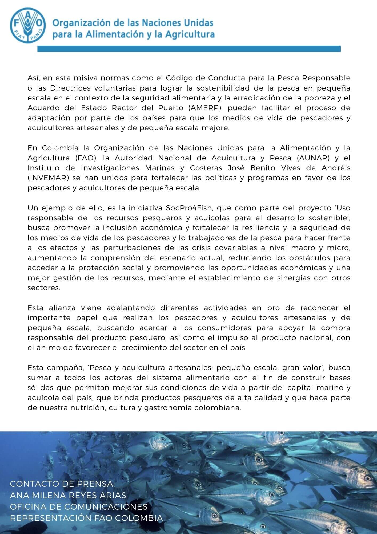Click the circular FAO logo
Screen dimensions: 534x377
(x=26, y=24)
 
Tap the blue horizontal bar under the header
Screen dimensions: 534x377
(x=189, y=49)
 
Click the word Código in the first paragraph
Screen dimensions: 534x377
(x=177, y=78)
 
